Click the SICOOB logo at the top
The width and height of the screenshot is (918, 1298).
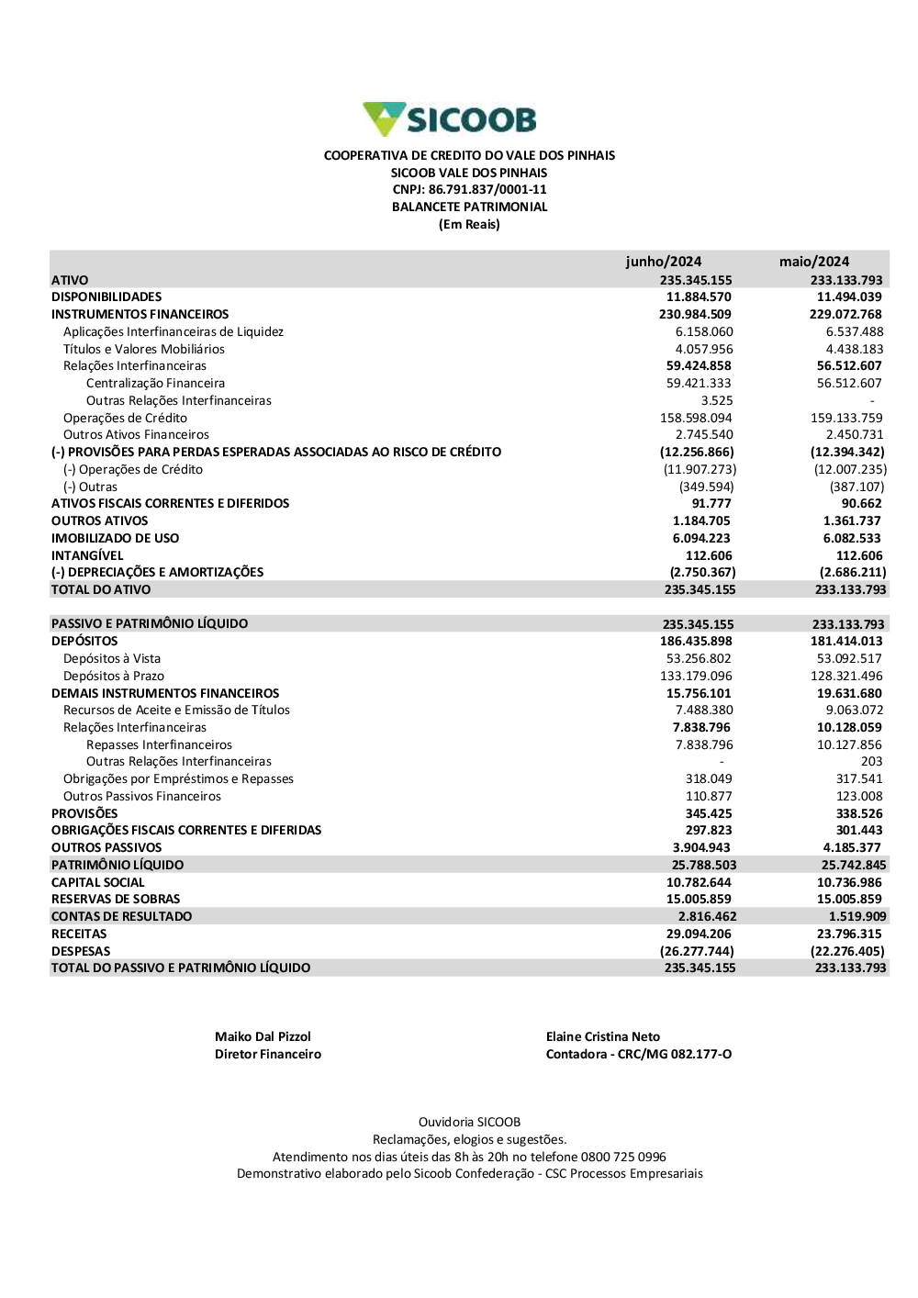click(x=450, y=119)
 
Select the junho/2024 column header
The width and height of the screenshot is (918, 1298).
click(x=663, y=262)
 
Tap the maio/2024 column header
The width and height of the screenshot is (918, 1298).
click(x=814, y=262)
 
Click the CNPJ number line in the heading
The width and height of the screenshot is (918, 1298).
click(x=469, y=190)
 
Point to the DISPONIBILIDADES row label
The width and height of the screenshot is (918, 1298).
click(x=106, y=297)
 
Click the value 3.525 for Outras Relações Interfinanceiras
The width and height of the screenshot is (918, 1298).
click(x=717, y=401)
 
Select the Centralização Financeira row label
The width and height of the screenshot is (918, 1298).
click(x=155, y=384)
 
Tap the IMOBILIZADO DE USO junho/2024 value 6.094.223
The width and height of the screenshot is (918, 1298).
click(x=701, y=539)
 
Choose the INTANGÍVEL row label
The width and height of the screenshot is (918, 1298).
click(x=87, y=555)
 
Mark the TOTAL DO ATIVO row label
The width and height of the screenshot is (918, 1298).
click(x=101, y=590)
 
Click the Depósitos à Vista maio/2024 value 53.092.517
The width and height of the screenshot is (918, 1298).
click(x=849, y=659)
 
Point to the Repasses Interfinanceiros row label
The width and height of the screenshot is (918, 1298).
click(x=159, y=745)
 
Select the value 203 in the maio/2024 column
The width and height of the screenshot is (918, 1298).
click(x=871, y=762)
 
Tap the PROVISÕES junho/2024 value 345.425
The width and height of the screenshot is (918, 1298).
click(x=708, y=814)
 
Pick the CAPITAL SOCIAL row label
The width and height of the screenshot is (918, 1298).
click(x=98, y=883)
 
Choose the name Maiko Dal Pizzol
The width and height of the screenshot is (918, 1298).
click(x=263, y=1037)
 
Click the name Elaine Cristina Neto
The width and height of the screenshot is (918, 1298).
click(x=602, y=1037)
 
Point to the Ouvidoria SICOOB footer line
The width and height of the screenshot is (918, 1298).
click(x=469, y=1123)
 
